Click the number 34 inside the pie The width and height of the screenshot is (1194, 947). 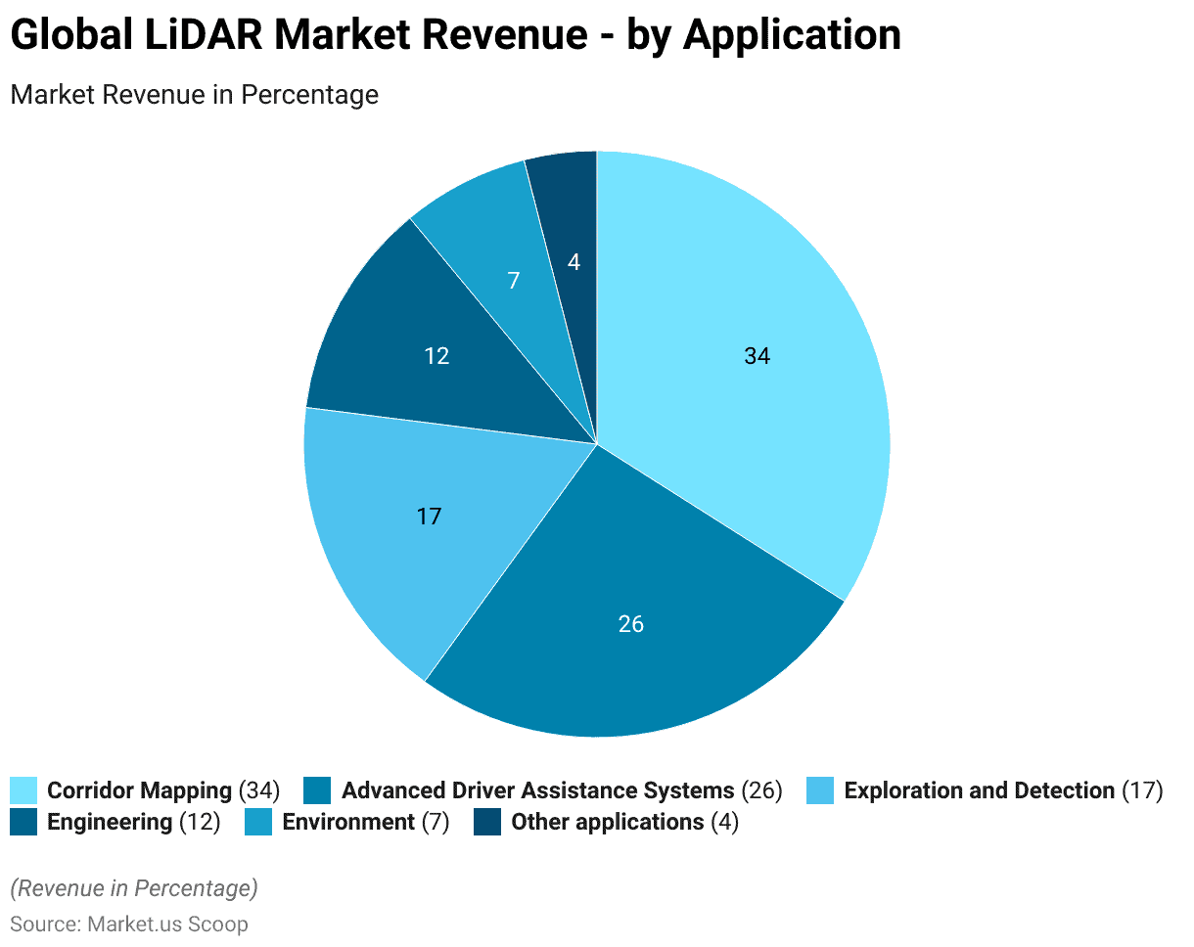[x=757, y=356]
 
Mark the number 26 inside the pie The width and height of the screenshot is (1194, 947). [x=631, y=623]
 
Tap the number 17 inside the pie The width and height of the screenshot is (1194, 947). [x=429, y=516]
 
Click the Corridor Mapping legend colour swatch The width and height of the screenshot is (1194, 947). [x=23, y=790]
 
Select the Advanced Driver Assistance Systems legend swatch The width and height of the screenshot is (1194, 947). [x=317, y=790]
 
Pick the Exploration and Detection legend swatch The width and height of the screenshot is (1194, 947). [x=820, y=790]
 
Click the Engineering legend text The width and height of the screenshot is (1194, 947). [x=110, y=822]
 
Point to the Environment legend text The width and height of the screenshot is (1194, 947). [x=348, y=822]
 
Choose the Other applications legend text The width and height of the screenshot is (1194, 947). [x=607, y=822]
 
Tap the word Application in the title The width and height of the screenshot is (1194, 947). [x=791, y=36]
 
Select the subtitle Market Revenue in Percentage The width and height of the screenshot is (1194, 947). [x=194, y=95]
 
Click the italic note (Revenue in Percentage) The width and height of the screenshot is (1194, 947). [x=134, y=888]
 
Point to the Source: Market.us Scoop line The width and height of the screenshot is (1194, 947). [x=129, y=924]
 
